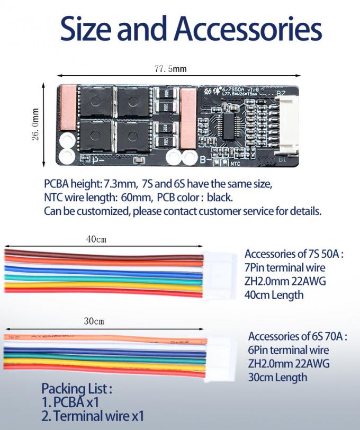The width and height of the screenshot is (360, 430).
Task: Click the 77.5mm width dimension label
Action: coord(170,69)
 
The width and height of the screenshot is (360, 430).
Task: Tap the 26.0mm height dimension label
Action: coord(35,125)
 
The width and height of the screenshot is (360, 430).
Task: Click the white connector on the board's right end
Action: coord(281,125)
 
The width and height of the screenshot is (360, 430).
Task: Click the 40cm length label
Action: coord(96,239)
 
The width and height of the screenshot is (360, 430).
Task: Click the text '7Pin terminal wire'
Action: coord(285,267)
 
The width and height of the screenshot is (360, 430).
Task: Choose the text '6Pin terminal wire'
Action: coord(288,350)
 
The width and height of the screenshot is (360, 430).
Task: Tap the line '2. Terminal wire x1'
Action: coord(93,416)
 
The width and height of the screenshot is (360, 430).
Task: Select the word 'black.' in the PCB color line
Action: coord(220,198)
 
